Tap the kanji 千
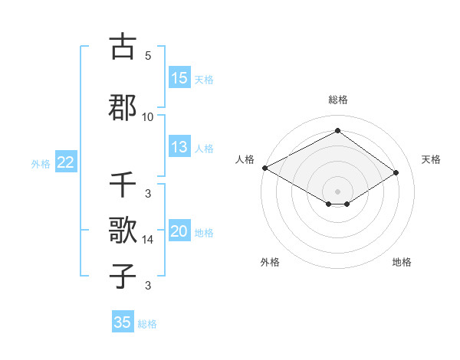123,186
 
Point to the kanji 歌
123,229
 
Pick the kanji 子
123,275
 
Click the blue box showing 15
179,78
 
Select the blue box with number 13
179,147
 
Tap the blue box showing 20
179,232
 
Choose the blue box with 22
65,162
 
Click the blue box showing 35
123,322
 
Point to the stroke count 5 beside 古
148,56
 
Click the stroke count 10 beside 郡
148,116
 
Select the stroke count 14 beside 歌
148,239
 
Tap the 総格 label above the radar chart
337,100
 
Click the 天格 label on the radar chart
432,159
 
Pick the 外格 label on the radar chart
270,262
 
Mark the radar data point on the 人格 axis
264,168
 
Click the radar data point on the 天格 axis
396,172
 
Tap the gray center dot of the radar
337,191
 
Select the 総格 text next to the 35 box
147,324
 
